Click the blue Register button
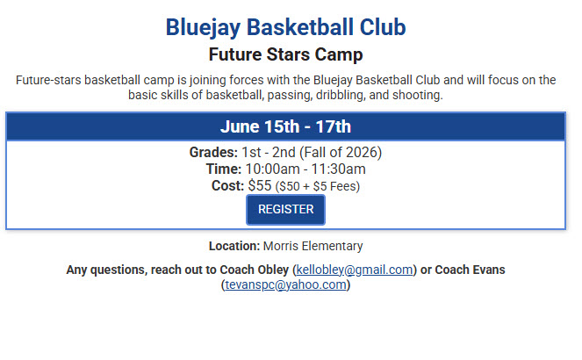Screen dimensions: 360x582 click(x=285, y=210)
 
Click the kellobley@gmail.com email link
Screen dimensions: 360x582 click(x=354, y=269)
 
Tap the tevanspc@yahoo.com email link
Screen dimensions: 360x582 click(x=286, y=284)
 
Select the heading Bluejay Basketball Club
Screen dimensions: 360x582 click(x=285, y=27)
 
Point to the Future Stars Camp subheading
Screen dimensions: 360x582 click(x=285, y=55)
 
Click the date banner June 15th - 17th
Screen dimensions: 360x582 click(x=285, y=126)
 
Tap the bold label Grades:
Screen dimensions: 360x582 click(x=213, y=152)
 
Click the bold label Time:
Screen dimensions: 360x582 click(x=223, y=169)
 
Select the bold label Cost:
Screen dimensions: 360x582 click(x=228, y=185)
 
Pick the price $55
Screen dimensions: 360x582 click(x=260, y=185)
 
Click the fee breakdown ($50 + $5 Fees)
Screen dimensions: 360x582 click(x=317, y=186)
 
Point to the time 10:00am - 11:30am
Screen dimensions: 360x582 click(x=305, y=169)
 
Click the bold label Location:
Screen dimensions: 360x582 click(x=234, y=246)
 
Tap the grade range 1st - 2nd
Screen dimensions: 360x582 click(x=266, y=152)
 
